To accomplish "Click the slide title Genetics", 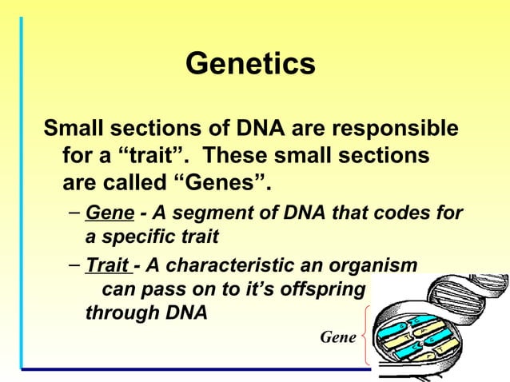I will coord(250,64).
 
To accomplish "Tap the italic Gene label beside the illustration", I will coord(337,337).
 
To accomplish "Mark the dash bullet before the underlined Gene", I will coord(74,214).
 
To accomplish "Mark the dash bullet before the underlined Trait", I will coord(74,265).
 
